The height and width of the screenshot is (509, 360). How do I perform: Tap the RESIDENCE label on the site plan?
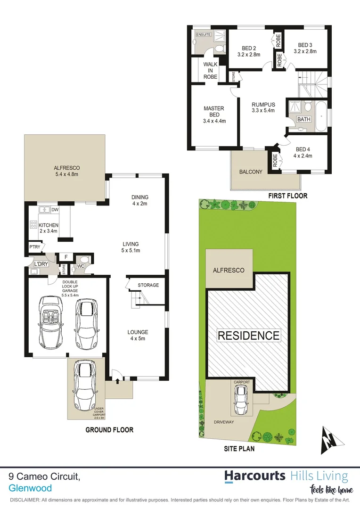tap(248, 336)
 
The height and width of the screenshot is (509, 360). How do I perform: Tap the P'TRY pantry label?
tap(34, 246)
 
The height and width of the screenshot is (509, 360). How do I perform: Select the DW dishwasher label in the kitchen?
tap(55, 210)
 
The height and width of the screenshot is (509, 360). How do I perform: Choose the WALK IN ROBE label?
tap(210, 70)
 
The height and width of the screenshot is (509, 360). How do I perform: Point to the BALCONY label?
tap(251, 172)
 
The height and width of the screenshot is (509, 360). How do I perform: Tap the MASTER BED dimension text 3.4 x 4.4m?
tap(213, 121)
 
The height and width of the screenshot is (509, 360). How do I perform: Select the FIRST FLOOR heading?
tap(287, 196)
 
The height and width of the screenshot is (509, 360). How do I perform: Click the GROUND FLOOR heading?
tap(109, 430)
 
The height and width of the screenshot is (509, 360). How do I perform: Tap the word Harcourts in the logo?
tap(254, 476)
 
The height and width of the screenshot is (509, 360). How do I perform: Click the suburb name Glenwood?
tap(30, 488)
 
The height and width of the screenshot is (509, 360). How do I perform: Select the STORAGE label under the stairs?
tap(148, 285)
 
